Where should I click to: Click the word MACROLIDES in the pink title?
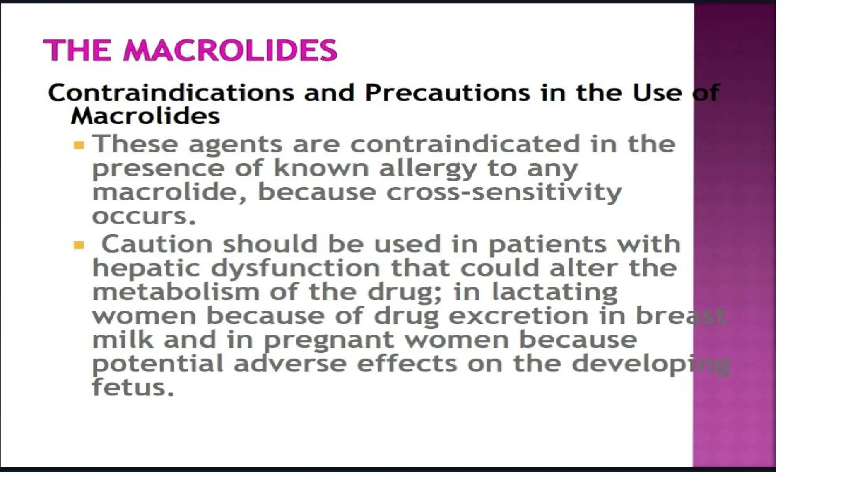coord(230,51)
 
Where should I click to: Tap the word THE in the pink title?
coord(77,51)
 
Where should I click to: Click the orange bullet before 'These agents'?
coord(79,145)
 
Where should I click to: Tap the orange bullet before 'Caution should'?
coord(79,246)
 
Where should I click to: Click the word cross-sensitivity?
coord(504,193)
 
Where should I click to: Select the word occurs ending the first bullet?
coord(143,217)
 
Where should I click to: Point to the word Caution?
coord(157,244)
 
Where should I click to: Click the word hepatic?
coord(146,268)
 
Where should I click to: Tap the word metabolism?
coord(176,292)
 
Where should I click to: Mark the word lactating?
coord(554,292)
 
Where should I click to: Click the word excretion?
coord(518,316)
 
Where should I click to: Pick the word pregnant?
coord(329,341)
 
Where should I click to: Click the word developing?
coord(650,364)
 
